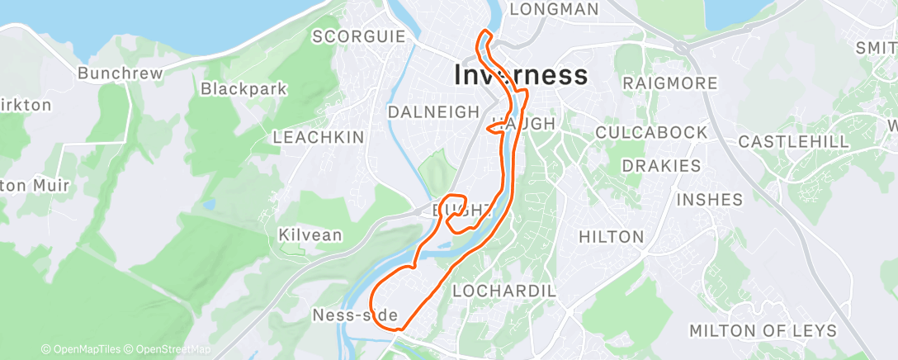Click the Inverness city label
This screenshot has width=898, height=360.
(x=521, y=75)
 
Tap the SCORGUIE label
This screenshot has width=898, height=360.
(x=359, y=36)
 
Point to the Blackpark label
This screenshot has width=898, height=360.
(x=243, y=88)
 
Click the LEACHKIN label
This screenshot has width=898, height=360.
(x=318, y=137)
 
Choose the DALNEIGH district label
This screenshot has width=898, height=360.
(x=433, y=111)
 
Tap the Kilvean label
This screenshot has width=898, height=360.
(x=310, y=235)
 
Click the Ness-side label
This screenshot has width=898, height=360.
(x=356, y=315)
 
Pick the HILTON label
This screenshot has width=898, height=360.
(x=611, y=237)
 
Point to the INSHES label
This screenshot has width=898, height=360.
(x=709, y=199)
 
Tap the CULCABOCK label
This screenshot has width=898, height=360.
(x=651, y=132)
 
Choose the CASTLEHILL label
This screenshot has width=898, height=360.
(x=793, y=141)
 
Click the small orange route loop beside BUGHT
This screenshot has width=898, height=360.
(x=456, y=206)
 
